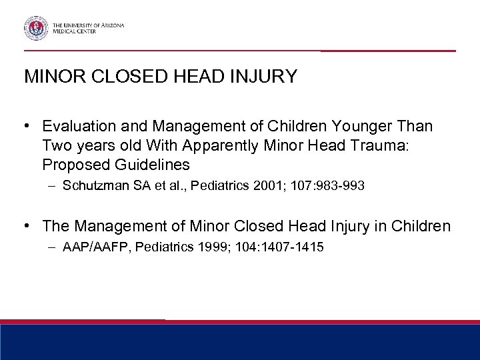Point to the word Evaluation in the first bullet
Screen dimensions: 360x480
click(x=76, y=127)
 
